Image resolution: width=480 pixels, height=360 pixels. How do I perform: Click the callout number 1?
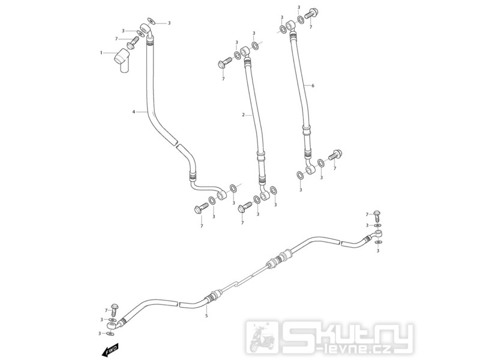(102, 53)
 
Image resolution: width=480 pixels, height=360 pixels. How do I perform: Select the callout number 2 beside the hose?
(243, 114)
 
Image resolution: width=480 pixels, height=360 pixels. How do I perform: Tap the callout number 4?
(134, 112)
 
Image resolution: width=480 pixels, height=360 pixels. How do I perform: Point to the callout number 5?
(206, 315)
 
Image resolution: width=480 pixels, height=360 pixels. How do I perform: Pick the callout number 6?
(313, 86)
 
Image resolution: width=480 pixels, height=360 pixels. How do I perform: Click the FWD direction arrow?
(112, 348)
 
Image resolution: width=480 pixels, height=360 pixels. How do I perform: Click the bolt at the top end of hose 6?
(313, 13)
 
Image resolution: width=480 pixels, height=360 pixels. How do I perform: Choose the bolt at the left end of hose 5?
(115, 308)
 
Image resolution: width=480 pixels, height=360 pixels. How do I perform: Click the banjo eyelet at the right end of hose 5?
(378, 232)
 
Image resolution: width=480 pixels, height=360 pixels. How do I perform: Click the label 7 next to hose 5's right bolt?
(368, 214)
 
